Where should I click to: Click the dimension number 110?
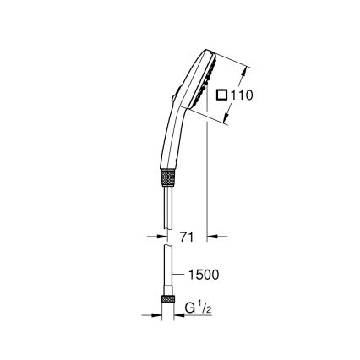coord(242,95)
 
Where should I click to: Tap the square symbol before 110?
coord(222,95)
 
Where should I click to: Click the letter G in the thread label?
coord(191,309)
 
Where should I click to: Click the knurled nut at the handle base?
coord(169,179)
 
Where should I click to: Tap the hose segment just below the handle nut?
coord(169,203)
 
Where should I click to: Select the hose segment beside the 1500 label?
coord(168,275)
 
